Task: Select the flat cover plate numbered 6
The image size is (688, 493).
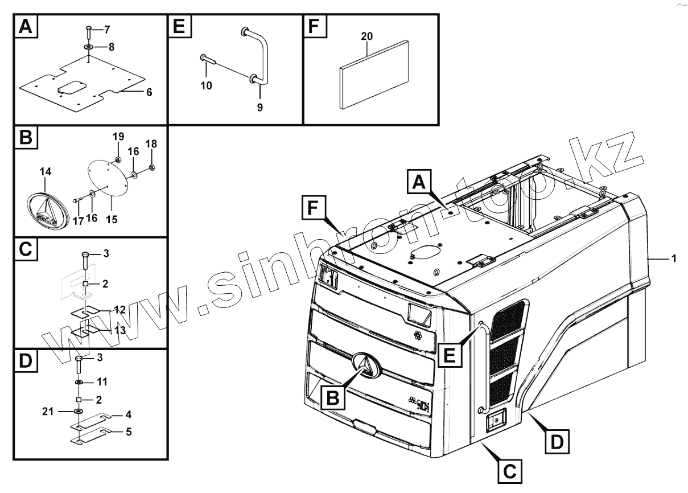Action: pos(80,85)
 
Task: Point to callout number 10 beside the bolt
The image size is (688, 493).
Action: pos(206,85)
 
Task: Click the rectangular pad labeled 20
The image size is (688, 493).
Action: pos(374,74)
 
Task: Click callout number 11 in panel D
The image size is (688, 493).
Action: pos(102,380)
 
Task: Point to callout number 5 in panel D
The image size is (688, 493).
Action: pos(129,432)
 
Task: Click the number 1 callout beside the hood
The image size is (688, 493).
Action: pos(673,259)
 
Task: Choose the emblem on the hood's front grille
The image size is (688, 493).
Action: pos(366,365)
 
